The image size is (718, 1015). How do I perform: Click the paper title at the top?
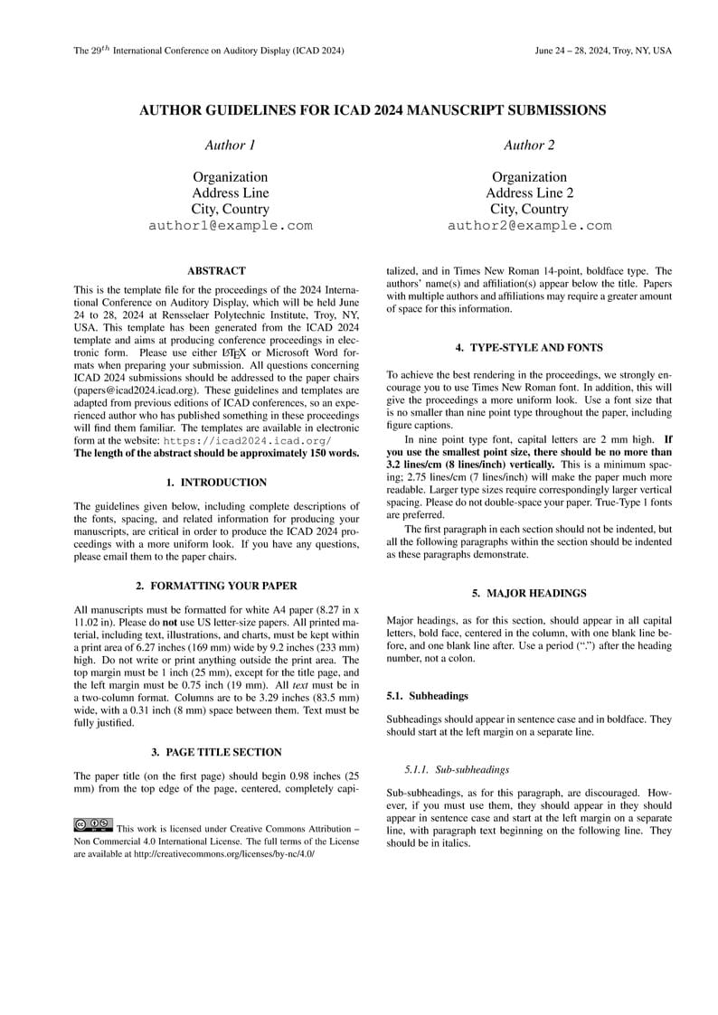(x=372, y=110)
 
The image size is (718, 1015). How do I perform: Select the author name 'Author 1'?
(x=230, y=145)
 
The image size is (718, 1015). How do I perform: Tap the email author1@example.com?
(x=230, y=226)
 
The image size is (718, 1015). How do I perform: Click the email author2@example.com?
(x=529, y=226)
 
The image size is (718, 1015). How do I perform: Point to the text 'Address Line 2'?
(x=529, y=193)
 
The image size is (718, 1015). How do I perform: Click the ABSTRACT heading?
(x=216, y=270)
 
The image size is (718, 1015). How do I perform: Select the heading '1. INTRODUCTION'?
(x=216, y=483)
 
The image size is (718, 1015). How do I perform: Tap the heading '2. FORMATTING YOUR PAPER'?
(x=216, y=586)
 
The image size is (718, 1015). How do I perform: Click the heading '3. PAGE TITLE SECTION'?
(x=216, y=752)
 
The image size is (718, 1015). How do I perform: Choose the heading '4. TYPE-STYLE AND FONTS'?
(x=529, y=347)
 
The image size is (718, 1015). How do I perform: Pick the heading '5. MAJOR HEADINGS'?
(x=529, y=593)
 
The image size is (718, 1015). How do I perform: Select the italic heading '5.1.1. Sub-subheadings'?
(x=457, y=770)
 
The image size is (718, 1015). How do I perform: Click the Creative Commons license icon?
(x=93, y=823)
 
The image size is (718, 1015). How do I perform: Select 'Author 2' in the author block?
(x=529, y=145)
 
